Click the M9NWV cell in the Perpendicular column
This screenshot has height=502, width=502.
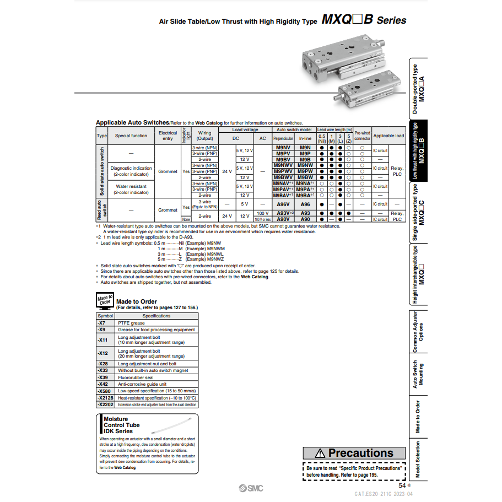(x=283, y=165)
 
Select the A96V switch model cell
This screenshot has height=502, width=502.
(x=283, y=204)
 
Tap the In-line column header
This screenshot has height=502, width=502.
(x=305, y=139)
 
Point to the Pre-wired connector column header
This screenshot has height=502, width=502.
(x=362, y=136)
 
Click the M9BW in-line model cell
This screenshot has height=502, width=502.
(x=305, y=177)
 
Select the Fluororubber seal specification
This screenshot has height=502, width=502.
(x=136, y=377)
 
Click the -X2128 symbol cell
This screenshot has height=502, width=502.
(x=105, y=397)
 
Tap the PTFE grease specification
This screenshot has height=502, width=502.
(x=132, y=323)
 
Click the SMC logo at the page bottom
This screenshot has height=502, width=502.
(x=251, y=488)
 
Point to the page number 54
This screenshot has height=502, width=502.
(x=402, y=485)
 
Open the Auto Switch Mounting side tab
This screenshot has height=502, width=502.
(x=418, y=374)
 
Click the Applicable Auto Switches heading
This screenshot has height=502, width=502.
(x=132, y=122)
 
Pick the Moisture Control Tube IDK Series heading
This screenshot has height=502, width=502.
(x=122, y=425)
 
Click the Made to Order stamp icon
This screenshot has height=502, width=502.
(x=104, y=300)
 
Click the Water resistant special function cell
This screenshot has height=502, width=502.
(x=131, y=190)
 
